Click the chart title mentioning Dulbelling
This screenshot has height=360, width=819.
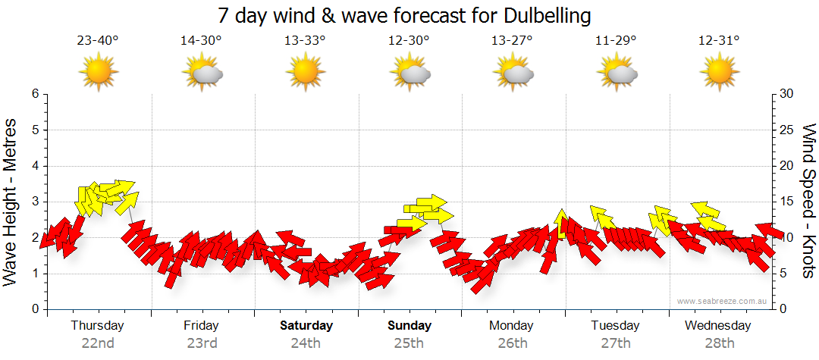coord(403,15)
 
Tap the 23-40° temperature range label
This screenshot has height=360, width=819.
coord(98,41)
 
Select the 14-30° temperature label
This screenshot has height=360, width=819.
coord(201,41)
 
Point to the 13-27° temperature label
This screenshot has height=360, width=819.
coord(513,41)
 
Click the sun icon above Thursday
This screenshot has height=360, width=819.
coord(99,73)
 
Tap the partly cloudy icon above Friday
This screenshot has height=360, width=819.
coord(202,74)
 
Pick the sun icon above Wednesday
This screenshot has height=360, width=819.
coord(720,73)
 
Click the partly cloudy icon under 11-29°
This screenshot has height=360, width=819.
coord(617,74)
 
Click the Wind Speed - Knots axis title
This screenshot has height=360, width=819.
coord(808,201)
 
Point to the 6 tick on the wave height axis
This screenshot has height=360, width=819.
coord(35,94)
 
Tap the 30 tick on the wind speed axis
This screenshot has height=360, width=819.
coord(787,94)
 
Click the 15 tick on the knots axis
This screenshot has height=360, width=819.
coord(787,202)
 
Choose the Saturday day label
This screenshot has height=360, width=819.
coord(306,326)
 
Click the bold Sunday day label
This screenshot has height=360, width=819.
coord(409,326)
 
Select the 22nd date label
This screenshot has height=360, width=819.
coord(98,343)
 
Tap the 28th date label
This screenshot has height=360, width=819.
coord(720,343)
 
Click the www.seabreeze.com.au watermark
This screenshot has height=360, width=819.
coord(723,301)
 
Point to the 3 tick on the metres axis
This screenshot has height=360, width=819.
coord(35,202)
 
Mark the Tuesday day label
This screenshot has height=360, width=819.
coord(616,326)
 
